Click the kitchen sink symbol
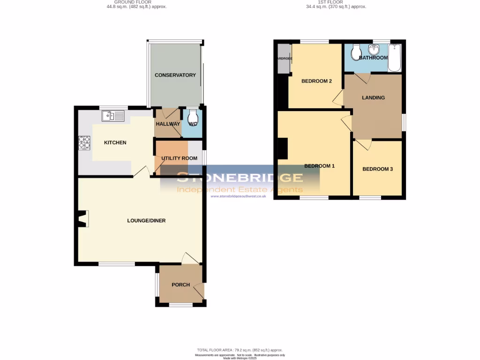tap(112, 115)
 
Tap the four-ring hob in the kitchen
tap(84, 142)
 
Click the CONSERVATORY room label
tap(175, 75)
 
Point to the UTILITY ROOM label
tap(179, 158)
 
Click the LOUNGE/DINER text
tap(146, 220)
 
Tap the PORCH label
tap(180, 285)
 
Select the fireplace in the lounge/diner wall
tap(82, 219)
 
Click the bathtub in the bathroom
tap(395, 58)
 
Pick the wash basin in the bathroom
tap(374, 50)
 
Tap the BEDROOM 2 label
tap(316, 81)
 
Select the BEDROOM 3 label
tap(377, 169)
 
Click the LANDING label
tap(373, 97)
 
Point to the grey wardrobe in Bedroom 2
tap(283, 59)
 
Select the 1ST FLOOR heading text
tap(331, 2)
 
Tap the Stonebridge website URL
tap(239, 196)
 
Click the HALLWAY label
tap(168, 124)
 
